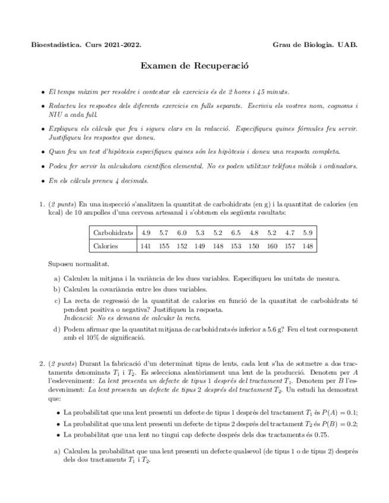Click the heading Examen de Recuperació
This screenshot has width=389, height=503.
[x=194, y=66]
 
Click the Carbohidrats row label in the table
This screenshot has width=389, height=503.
[x=113, y=233]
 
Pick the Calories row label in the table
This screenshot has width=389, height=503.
[x=106, y=246]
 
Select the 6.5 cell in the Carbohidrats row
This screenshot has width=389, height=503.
[x=236, y=233]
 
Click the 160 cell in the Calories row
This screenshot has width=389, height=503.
[x=271, y=246]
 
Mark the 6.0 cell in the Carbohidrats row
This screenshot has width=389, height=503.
[x=182, y=233]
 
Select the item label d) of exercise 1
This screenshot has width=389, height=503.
[x=56, y=329]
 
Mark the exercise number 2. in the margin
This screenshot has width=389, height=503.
[x=42, y=363]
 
